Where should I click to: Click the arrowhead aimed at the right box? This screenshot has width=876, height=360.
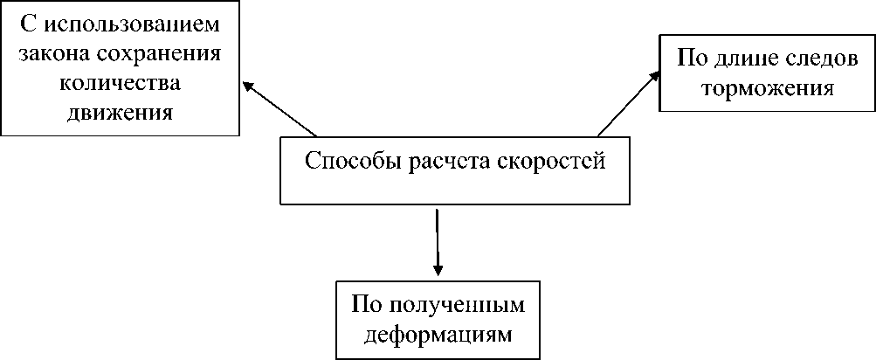coord(654,76)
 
